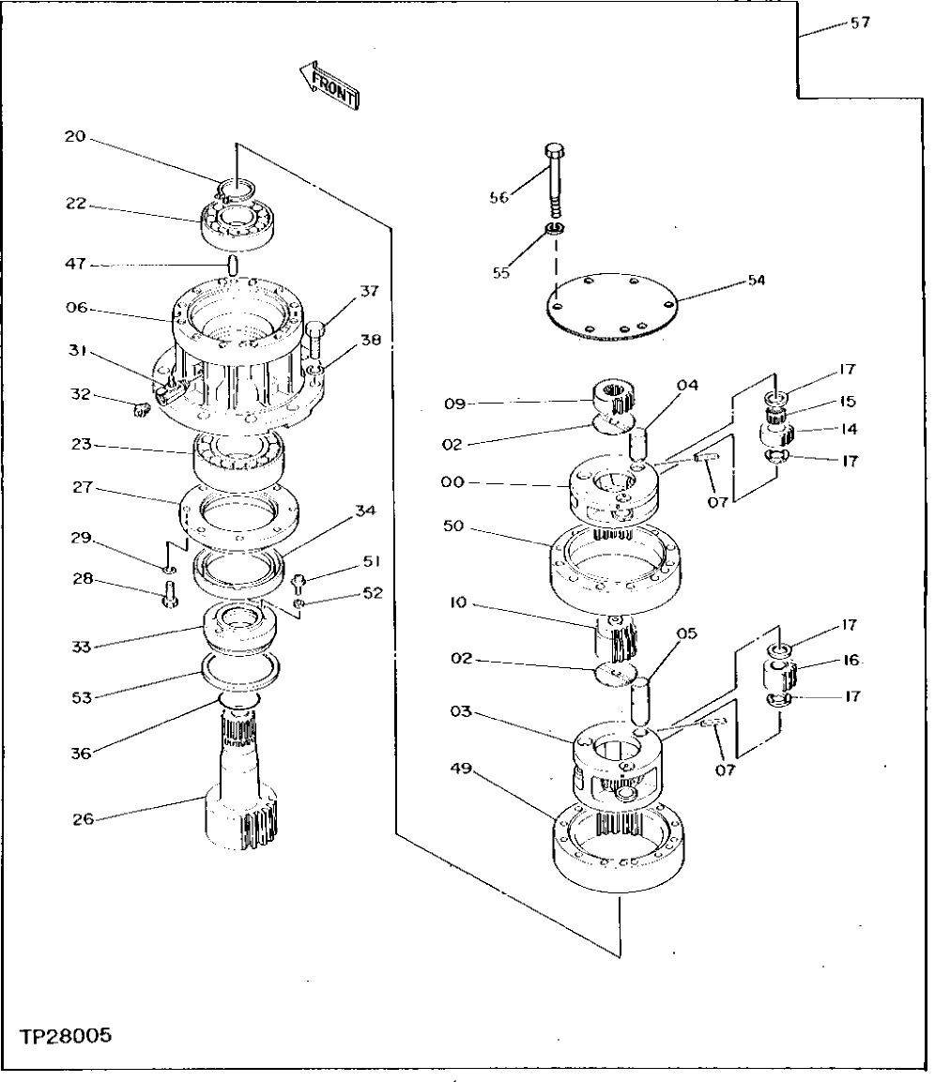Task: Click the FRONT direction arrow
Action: click(x=328, y=83)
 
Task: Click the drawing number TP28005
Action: click(x=65, y=1036)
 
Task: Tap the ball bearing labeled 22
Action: click(x=241, y=223)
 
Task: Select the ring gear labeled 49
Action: click(x=618, y=846)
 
